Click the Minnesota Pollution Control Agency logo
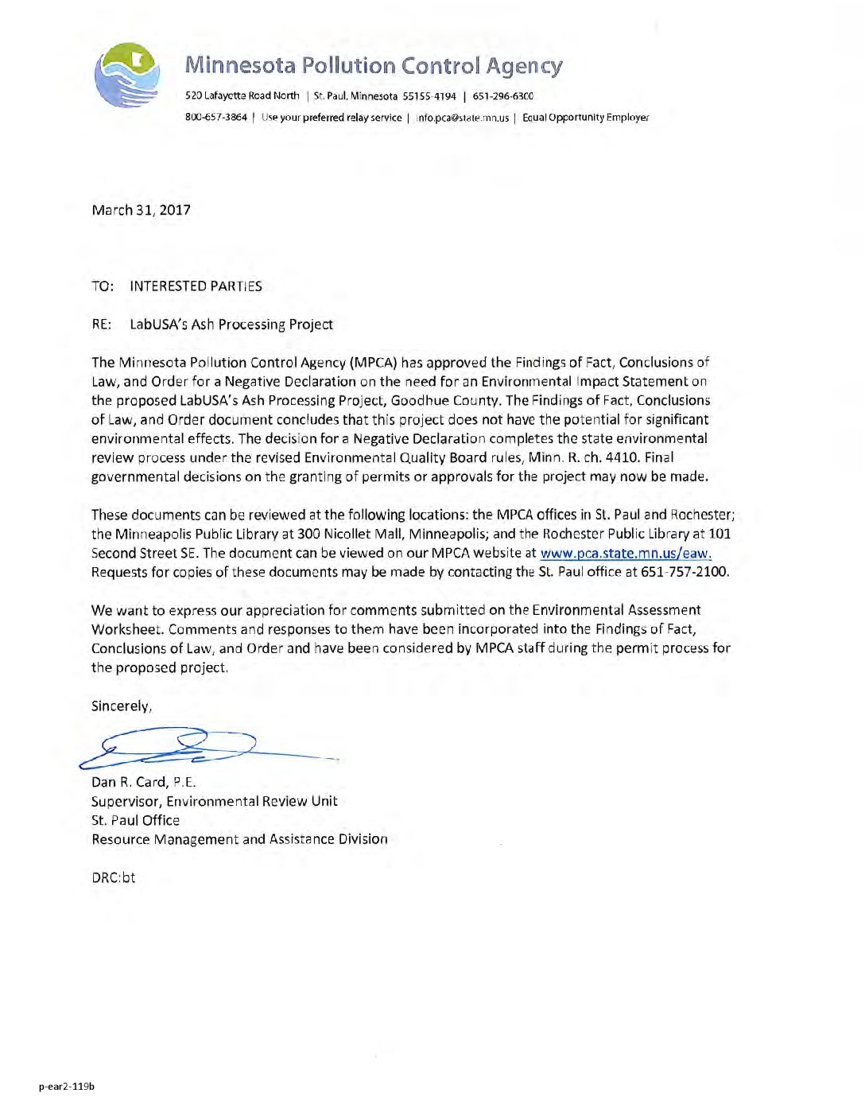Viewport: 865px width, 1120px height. [126, 76]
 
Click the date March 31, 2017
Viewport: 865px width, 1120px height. [141, 210]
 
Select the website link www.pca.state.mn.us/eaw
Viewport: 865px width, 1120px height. [625, 554]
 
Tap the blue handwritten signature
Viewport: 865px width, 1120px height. [183, 748]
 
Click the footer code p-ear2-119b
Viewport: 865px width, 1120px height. [67, 1086]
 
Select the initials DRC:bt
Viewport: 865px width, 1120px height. [113, 877]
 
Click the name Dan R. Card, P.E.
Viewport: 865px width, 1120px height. [143, 782]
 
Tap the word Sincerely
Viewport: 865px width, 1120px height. [121, 706]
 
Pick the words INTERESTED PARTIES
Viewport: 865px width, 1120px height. [196, 286]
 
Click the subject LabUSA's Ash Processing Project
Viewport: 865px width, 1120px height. [231, 325]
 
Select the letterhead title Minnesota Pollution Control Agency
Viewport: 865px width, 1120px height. [374, 65]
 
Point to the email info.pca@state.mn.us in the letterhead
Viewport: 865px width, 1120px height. [463, 118]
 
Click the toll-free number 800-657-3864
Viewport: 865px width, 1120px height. [215, 117]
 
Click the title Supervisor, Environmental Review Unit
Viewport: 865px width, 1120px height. [214, 801]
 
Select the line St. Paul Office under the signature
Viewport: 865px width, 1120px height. [135, 820]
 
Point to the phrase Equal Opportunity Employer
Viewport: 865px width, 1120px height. [585, 118]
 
